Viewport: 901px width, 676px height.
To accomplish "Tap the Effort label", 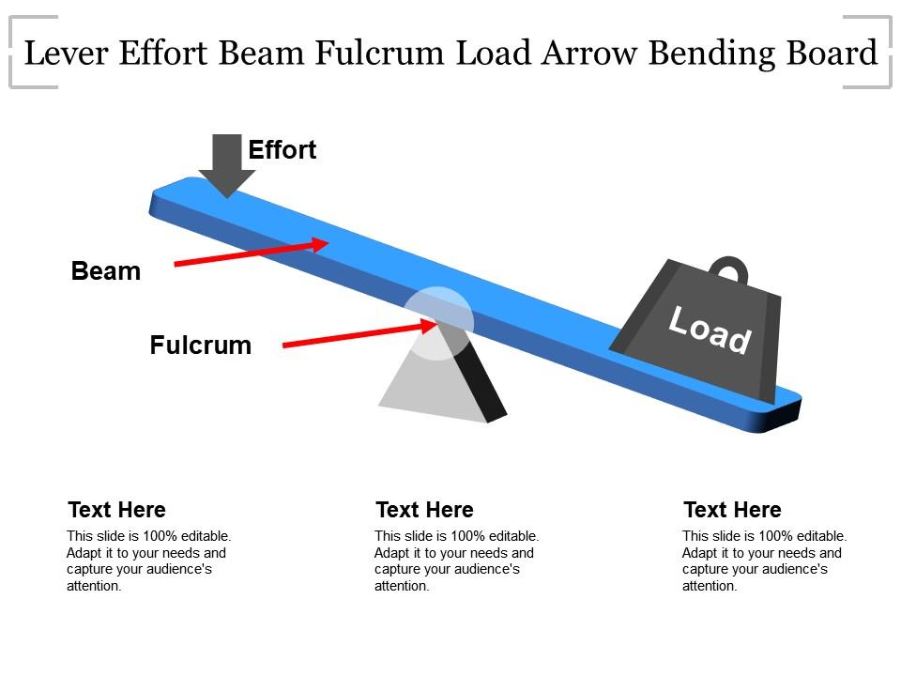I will (282, 150).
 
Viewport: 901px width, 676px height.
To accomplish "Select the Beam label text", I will (106, 272).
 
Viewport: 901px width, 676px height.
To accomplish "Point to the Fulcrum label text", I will (201, 346).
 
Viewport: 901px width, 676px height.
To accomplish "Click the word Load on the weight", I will (710, 330).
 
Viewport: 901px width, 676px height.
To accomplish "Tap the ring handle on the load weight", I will (729, 270).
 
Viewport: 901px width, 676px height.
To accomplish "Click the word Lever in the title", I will (65, 54).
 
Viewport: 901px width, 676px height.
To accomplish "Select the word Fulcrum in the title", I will (380, 54).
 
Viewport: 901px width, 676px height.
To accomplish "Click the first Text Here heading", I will (116, 510).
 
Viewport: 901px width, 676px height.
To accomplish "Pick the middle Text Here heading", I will (424, 510).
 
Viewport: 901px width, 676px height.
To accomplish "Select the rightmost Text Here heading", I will (732, 510).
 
